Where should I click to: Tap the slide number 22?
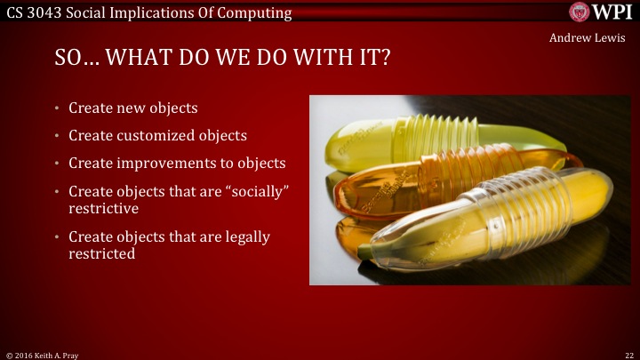click(x=628, y=354)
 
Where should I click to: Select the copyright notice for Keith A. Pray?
click(x=40, y=354)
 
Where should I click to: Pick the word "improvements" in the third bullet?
click(x=178, y=164)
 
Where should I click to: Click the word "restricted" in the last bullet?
click(x=102, y=253)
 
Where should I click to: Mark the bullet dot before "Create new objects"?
click(x=56, y=108)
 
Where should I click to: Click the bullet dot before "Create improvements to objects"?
click(x=56, y=164)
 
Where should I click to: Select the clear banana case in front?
click(x=498, y=218)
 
